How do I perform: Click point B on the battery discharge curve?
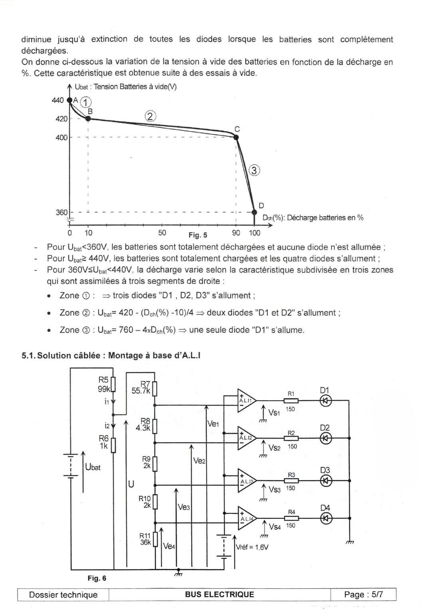(x=88, y=119)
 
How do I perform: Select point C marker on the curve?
(x=236, y=137)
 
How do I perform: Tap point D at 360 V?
(x=254, y=212)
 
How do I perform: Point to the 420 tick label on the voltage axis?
(x=61, y=119)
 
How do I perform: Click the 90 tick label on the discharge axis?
(x=236, y=233)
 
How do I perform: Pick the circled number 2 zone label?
(x=150, y=116)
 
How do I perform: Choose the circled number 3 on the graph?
(x=255, y=171)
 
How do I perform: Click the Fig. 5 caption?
(x=198, y=235)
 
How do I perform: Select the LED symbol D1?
(x=325, y=401)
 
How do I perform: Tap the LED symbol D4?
(x=325, y=519)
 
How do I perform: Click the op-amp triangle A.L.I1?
(x=247, y=401)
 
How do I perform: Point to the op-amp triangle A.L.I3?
(x=247, y=481)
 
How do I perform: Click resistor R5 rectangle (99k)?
(x=113, y=384)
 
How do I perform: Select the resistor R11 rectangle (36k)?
(x=155, y=539)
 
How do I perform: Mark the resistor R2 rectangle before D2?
(x=291, y=438)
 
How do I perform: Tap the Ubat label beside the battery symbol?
(x=93, y=467)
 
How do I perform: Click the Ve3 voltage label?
(x=184, y=507)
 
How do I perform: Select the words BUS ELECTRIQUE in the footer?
(x=219, y=594)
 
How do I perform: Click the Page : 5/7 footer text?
(x=364, y=594)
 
